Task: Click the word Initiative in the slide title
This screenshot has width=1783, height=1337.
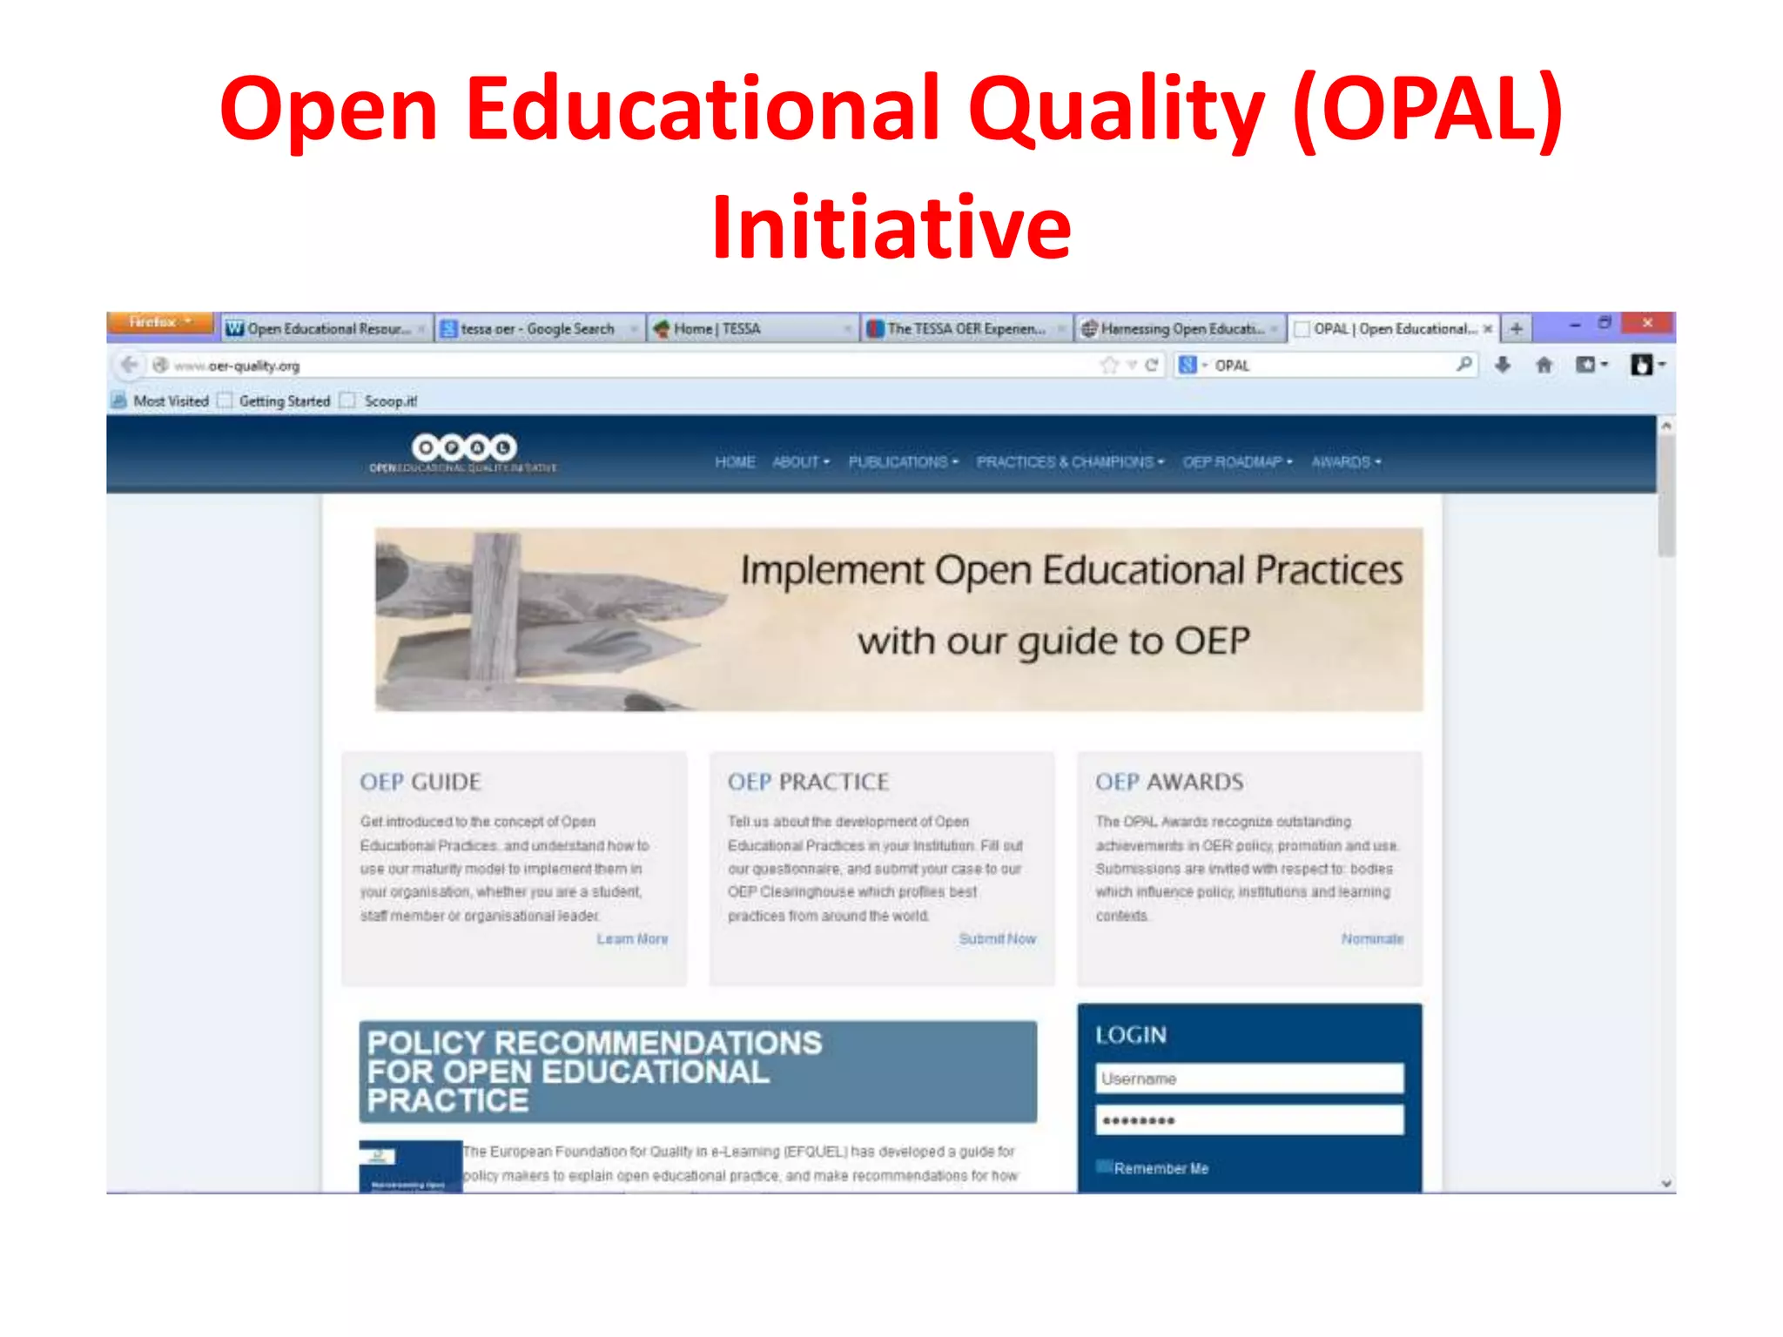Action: (x=891, y=228)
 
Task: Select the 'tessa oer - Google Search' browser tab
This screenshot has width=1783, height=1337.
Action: (x=537, y=329)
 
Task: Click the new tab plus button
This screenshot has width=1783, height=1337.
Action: (x=1516, y=328)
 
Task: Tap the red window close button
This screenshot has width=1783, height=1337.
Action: (x=1646, y=323)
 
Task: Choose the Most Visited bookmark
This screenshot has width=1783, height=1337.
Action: (x=171, y=401)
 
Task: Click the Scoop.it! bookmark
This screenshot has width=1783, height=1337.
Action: (x=390, y=401)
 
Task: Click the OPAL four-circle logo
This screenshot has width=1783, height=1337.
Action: (x=464, y=448)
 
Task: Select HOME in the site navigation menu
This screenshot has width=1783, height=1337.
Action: (x=734, y=462)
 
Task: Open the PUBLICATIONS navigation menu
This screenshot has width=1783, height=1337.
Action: (x=902, y=462)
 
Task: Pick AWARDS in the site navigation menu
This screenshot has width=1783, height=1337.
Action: (x=1345, y=462)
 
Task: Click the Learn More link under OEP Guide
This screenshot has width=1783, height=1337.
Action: (x=632, y=939)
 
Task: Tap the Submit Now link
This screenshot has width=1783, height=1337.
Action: (x=997, y=939)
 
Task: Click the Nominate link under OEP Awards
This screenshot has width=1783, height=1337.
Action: (x=1371, y=939)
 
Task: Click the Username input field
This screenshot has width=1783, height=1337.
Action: (x=1248, y=1078)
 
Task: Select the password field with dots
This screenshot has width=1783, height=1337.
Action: (x=1248, y=1120)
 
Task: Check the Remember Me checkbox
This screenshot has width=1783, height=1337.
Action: (x=1105, y=1167)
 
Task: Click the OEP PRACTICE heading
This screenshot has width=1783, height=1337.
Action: (x=808, y=782)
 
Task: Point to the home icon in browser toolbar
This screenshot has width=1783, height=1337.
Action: (x=1544, y=366)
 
